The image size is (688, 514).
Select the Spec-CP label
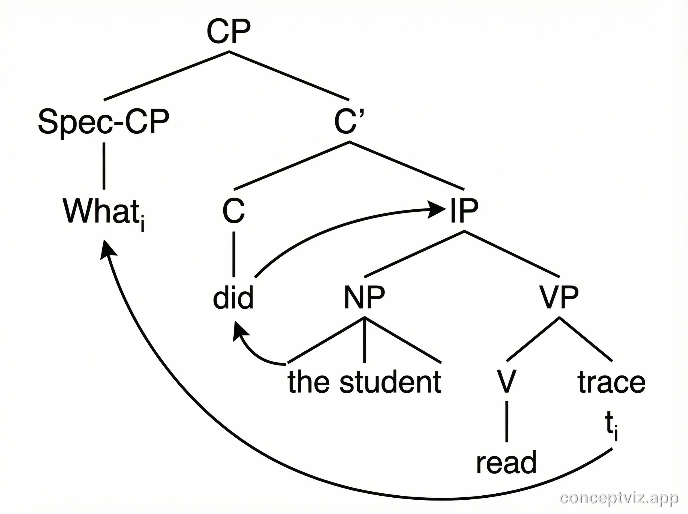point(103,121)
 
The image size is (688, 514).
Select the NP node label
point(364,297)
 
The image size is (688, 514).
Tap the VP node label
point(559,297)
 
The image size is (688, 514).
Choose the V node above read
point(507,381)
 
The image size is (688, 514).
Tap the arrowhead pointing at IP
point(437,209)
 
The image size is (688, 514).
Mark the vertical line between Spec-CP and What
point(104,166)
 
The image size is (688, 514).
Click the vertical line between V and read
point(507,422)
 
